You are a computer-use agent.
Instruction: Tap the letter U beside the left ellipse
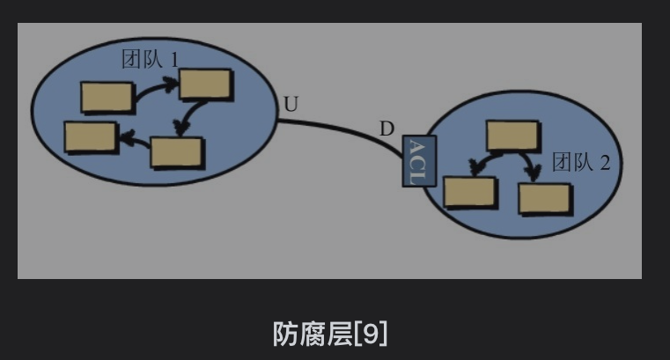(291, 105)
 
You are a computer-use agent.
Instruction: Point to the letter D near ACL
(387, 129)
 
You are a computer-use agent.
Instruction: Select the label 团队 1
(150, 60)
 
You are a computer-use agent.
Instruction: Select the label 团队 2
(580, 162)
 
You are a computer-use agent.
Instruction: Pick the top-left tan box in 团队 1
(107, 97)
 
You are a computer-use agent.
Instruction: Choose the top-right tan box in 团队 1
(206, 84)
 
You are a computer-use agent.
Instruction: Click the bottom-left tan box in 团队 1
(91, 137)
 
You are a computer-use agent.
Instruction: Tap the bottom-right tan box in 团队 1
(177, 151)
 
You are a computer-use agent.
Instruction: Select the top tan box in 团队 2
(512, 136)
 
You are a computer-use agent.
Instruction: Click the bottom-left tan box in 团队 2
(469, 191)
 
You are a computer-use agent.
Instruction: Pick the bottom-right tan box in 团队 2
(545, 198)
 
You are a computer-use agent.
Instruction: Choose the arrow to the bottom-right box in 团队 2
(530, 163)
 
